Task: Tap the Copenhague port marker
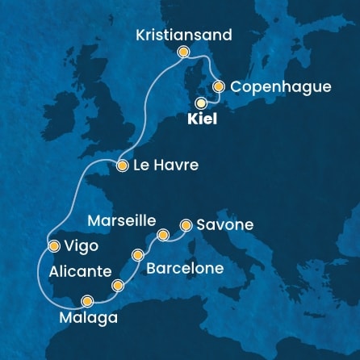click(x=218, y=86)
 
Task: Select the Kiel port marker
click(x=201, y=103)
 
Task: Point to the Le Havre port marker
click(x=122, y=166)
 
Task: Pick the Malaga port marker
click(x=87, y=301)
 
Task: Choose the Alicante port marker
click(x=119, y=284)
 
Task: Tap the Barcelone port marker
click(x=138, y=255)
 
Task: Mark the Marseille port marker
click(x=163, y=235)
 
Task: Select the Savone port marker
click(x=186, y=225)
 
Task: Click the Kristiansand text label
click(x=184, y=36)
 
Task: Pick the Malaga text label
click(x=89, y=318)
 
